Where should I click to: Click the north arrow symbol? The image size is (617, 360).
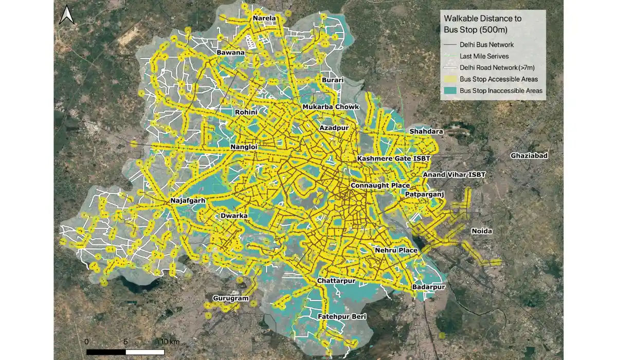point(66,16)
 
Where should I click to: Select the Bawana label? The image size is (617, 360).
point(230,52)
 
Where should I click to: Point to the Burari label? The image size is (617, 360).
point(333,80)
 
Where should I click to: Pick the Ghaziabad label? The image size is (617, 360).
point(530,155)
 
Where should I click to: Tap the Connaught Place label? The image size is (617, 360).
point(380,185)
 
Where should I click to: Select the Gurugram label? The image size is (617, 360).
point(230,298)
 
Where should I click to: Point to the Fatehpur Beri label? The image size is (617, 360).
point(341,317)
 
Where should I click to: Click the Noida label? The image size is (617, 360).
point(482,231)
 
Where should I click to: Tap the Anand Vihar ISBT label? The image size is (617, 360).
point(454,175)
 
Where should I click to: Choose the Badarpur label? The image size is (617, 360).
point(428,287)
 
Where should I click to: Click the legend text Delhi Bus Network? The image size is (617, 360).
point(486,45)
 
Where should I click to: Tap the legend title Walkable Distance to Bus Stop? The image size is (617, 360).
point(482,24)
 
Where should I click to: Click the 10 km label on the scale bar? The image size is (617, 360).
point(169,342)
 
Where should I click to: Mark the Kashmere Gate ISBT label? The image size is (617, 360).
point(393,158)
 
